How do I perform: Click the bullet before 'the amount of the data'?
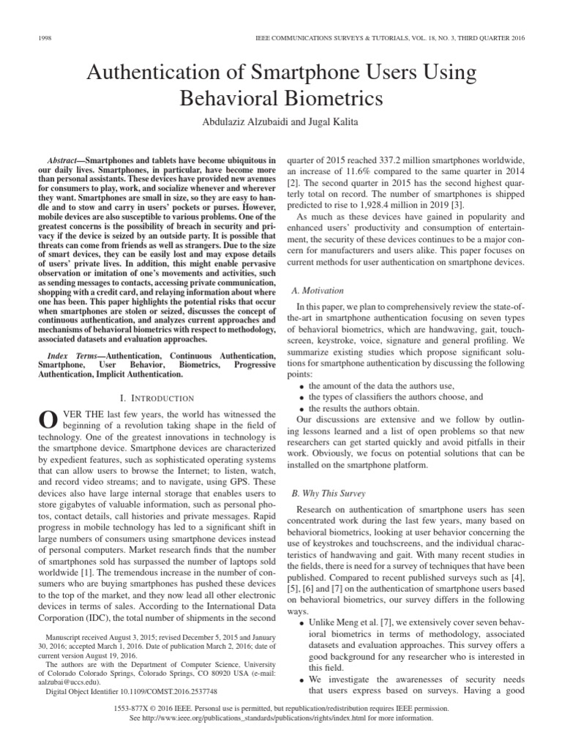(x=301, y=385)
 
